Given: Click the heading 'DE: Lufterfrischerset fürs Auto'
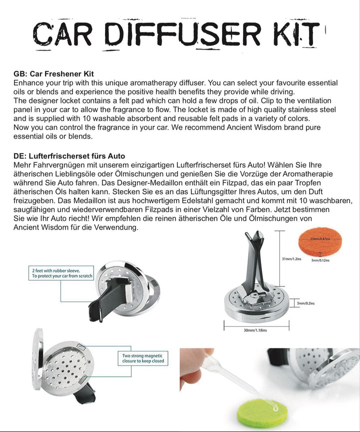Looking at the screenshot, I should pyautogui.click(x=69, y=156).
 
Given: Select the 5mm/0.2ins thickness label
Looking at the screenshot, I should pyautogui.click(x=304, y=303).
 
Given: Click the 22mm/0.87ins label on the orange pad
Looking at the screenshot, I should pyautogui.click(x=318, y=239).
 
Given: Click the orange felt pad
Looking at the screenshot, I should pyautogui.click(x=318, y=242).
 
